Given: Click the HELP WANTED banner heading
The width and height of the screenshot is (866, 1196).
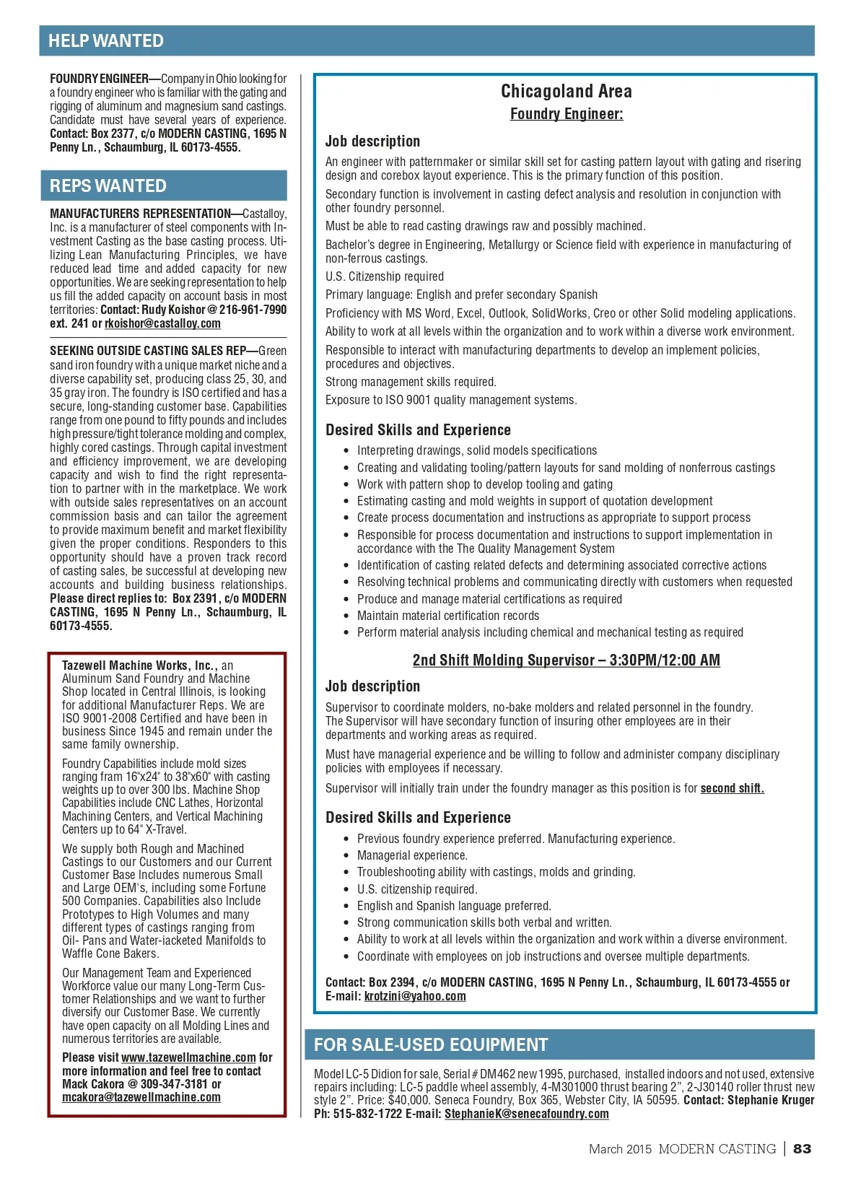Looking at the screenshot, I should point(106,41).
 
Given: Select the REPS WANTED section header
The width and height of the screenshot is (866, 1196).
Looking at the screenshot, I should point(108,186).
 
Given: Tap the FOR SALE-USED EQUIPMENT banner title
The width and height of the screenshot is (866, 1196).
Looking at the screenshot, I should point(431,1044).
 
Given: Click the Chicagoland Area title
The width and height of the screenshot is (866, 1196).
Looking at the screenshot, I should point(566,91).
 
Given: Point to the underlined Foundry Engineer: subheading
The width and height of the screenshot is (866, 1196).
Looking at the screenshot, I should point(566,114).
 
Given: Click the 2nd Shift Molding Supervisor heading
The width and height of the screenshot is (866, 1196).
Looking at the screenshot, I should point(566,660).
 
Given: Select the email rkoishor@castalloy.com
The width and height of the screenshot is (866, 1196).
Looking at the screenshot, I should point(162,323).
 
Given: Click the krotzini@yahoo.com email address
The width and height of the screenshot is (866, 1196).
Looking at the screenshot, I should point(415,996).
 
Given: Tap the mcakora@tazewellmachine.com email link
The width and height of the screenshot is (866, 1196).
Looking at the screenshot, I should point(141,1097).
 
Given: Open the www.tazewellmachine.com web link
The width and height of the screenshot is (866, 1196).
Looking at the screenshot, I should point(188,1057).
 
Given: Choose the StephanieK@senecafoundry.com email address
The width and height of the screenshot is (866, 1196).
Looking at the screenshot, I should point(526,1114).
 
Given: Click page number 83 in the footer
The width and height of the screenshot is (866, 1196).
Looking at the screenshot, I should point(802,1148).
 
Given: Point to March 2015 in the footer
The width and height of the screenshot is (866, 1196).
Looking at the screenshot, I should point(620,1149).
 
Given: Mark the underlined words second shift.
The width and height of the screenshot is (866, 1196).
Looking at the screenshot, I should point(732,788).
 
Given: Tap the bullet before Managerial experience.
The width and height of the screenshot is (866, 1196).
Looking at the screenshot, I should point(346,855).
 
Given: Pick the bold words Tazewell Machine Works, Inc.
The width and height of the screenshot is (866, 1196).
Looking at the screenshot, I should point(138,665).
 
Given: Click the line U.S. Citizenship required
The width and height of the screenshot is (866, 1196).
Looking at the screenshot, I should point(385,276).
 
